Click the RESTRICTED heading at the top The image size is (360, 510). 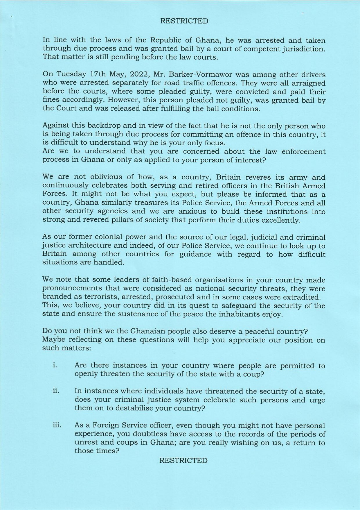pyautogui.click(x=184, y=21)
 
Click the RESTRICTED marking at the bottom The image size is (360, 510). pyautogui.click(x=183, y=460)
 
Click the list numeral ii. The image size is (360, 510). pyautogui.click(x=56, y=391)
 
